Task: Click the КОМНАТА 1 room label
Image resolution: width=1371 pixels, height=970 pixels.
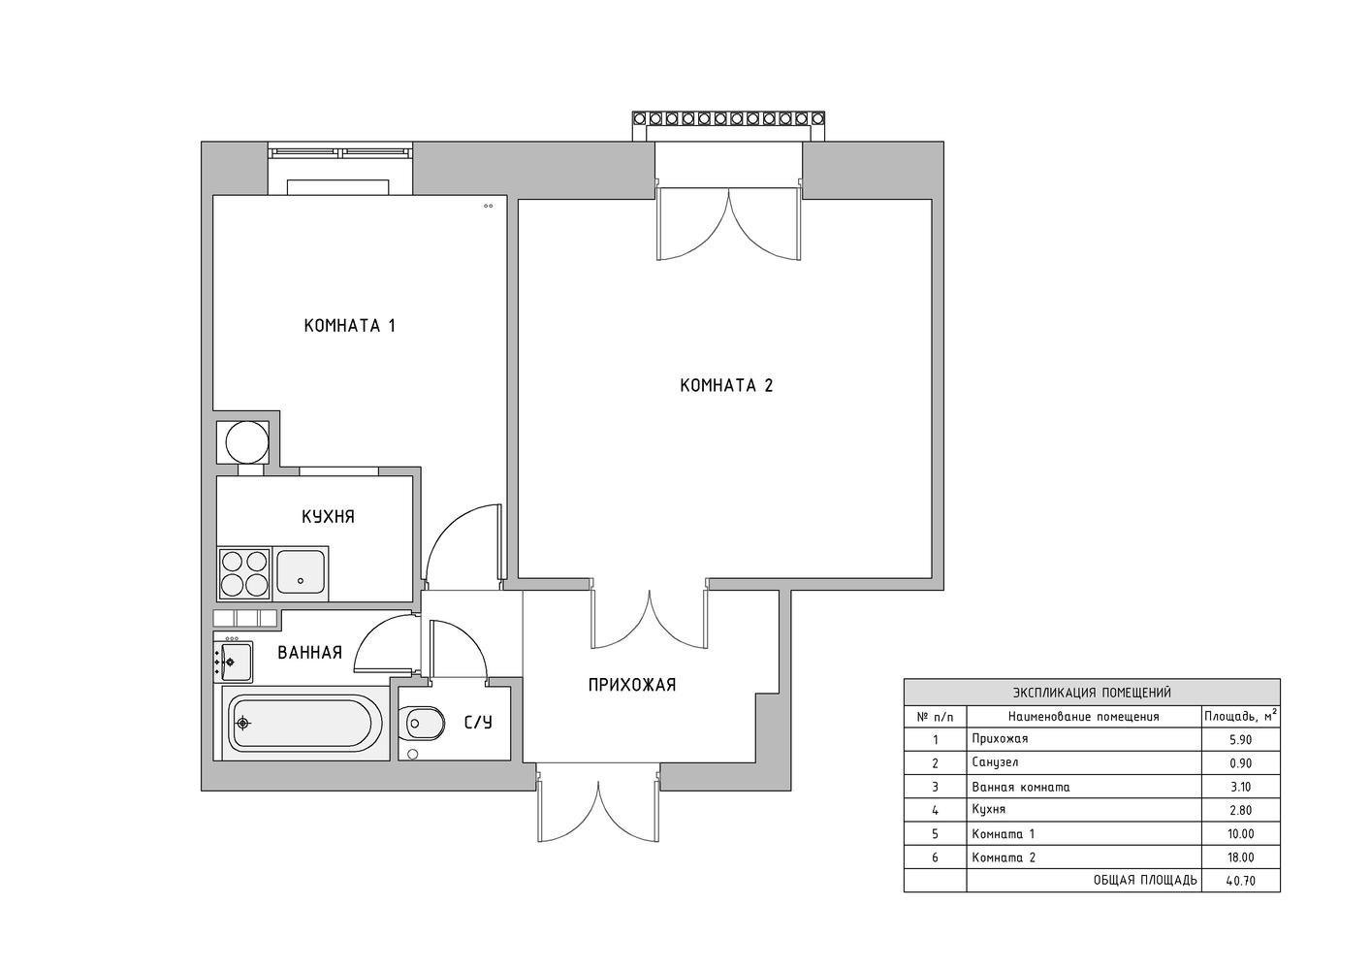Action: click(349, 325)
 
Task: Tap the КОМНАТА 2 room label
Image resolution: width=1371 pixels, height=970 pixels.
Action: click(726, 385)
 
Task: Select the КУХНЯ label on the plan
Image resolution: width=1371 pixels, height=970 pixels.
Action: click(328, 517)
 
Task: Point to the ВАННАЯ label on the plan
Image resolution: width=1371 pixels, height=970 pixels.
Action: click(309, 653)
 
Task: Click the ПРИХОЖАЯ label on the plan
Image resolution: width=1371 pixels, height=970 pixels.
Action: click(632, 685)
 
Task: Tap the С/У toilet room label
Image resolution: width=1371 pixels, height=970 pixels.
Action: click(479, 723)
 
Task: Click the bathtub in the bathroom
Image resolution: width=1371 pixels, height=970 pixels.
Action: click(301, 724)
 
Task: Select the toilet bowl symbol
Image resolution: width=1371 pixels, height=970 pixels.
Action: click(422, 724)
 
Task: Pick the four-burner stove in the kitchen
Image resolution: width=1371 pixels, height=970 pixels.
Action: click(244, 573)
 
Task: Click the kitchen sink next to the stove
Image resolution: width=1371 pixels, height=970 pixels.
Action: click(301, 572)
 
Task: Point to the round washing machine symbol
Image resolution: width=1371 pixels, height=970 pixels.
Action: click(246, 442)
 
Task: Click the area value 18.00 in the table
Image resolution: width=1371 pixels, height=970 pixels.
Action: click(1241, 857)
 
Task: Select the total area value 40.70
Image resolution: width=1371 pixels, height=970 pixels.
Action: click(1241, 881)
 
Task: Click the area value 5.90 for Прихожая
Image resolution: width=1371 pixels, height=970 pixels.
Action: click(1241, 740)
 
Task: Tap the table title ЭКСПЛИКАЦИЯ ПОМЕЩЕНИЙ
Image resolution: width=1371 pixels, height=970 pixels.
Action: click(1092, 693)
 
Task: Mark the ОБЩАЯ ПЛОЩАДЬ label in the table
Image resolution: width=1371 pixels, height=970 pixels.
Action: click(1145, 881)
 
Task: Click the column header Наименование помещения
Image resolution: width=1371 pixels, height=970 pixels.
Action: click(1084, 717)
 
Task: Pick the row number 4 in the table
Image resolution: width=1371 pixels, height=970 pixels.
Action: click(936, 810)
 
